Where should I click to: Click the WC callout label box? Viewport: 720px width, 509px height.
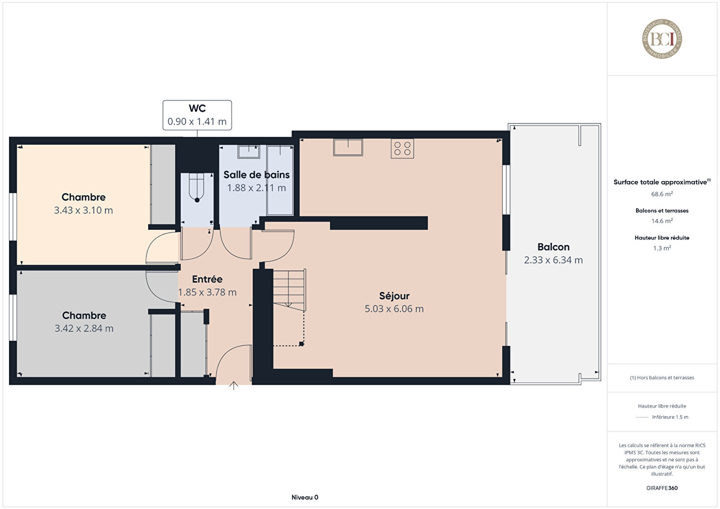click(197, 115)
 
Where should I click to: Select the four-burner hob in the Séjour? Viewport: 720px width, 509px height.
click(402, 149)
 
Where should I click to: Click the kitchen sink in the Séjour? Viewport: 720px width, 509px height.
click(348, 148)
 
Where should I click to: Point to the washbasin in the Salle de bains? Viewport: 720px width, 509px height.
click(249, 152)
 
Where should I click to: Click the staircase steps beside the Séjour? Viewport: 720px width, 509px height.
click(289, 290)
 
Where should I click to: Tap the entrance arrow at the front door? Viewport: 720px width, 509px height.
click(234, 385)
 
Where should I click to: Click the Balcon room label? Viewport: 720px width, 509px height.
click(553, 247)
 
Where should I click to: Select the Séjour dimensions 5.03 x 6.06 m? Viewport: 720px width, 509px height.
click(394, 309)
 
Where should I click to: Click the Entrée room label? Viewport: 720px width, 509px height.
click(207, 279)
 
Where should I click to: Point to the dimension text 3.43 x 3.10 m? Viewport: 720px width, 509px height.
click(83, 210)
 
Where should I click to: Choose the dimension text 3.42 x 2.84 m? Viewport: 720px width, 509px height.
click(84, 328)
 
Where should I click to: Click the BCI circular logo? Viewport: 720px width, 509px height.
click(662, 39)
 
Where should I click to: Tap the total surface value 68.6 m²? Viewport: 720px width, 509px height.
click(662, 194)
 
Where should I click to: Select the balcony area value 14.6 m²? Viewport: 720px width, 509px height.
click(662, 221)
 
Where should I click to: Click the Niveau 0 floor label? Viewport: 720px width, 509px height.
click(305, 497)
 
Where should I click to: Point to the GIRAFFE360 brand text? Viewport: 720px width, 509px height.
click(662, 488)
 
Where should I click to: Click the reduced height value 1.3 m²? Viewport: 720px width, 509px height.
click(662, 248)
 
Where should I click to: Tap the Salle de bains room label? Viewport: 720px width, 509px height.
click(257, 175)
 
